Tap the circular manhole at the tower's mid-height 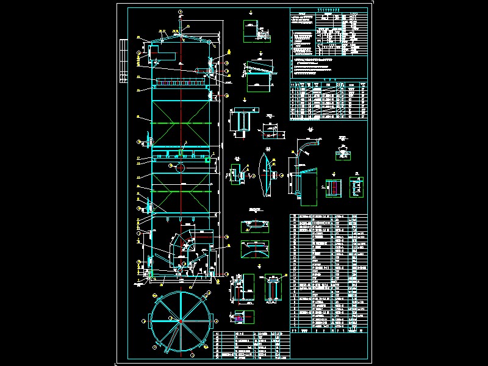click(x=181, y=167)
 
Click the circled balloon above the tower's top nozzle click(x=180, y=12)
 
